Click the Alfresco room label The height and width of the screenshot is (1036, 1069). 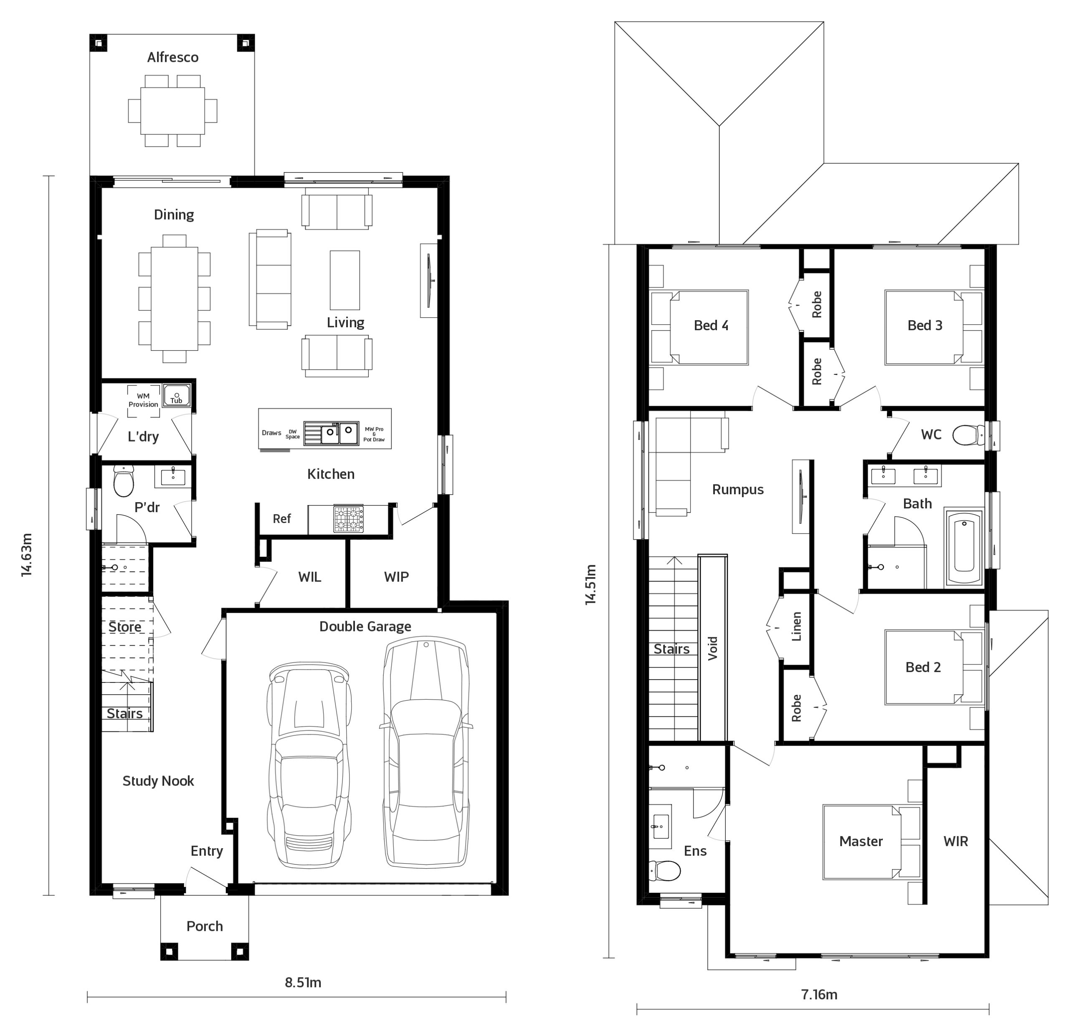[172, 57]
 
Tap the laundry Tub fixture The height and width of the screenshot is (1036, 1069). [177, 395]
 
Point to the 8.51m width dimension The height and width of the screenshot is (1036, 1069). [303, 983]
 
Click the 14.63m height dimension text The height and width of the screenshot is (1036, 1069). [27, 555]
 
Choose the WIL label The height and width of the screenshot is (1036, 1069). [309, 576]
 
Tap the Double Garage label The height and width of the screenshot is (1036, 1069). [365, 627]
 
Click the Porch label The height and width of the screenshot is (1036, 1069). [205, 926]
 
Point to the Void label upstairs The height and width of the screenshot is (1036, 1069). [712, 649]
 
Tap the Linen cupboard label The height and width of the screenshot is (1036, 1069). [796, 626]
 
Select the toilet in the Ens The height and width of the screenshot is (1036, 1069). [665, 871]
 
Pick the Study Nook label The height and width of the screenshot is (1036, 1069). [158, 781]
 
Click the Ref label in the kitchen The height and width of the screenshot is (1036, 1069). [281, 518]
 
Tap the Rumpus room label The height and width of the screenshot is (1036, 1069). [737, 490]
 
